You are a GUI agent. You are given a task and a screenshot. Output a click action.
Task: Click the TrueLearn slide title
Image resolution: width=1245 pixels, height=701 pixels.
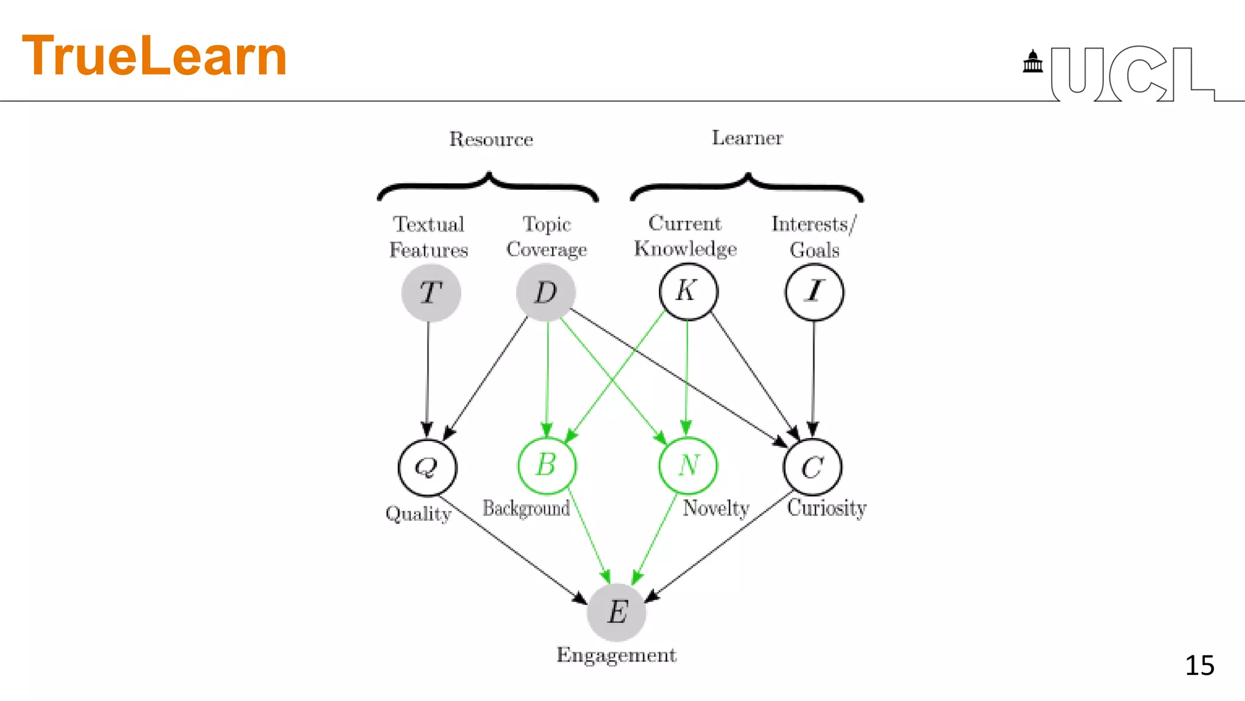tap(154, 56)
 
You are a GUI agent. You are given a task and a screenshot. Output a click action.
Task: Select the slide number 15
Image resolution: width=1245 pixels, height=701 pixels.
tap(1199, 665)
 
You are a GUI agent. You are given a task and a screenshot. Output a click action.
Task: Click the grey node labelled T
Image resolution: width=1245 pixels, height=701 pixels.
tap(431, 293)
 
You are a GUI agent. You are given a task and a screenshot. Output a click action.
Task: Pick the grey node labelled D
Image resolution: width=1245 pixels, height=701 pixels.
tap(545, 293)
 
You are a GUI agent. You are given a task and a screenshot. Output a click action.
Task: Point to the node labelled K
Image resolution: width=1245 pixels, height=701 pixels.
tap(688, 291)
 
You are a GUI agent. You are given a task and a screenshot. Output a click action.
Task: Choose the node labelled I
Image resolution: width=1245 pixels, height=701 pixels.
tap(814, 293)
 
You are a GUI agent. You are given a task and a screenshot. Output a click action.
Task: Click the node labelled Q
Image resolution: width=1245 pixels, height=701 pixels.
tap(427, 467)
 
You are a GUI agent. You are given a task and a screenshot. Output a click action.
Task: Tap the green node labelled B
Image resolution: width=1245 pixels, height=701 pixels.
tap(547, 466)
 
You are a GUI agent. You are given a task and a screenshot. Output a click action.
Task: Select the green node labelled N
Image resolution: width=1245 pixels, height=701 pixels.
tap(688, 466)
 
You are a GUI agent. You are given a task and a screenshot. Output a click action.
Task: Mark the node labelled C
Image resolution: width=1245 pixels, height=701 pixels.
tap(813, 467)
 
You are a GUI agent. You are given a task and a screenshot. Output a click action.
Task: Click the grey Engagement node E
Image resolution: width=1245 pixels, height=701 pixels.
tap(616, 612)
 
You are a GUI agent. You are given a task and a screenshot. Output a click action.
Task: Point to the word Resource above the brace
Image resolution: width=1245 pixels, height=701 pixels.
tap(491, 139)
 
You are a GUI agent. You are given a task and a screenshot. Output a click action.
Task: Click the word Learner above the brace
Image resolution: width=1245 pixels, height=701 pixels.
tap(747, 138)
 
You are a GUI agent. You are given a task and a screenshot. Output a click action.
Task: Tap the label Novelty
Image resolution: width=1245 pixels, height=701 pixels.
tap(716, 508)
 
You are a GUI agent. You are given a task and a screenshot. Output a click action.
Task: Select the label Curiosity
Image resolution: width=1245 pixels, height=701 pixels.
tap(826, 507)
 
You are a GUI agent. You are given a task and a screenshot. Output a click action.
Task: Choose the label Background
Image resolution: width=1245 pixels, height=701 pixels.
tap(526, 508)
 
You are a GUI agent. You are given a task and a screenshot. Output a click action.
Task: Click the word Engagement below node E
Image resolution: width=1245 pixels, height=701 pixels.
tap(616, 655)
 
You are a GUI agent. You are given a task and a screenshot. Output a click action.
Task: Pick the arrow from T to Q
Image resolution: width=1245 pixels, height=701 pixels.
tap(427, 377)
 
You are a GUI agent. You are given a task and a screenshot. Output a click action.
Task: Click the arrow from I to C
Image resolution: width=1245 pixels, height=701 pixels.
tap(813, 377)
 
